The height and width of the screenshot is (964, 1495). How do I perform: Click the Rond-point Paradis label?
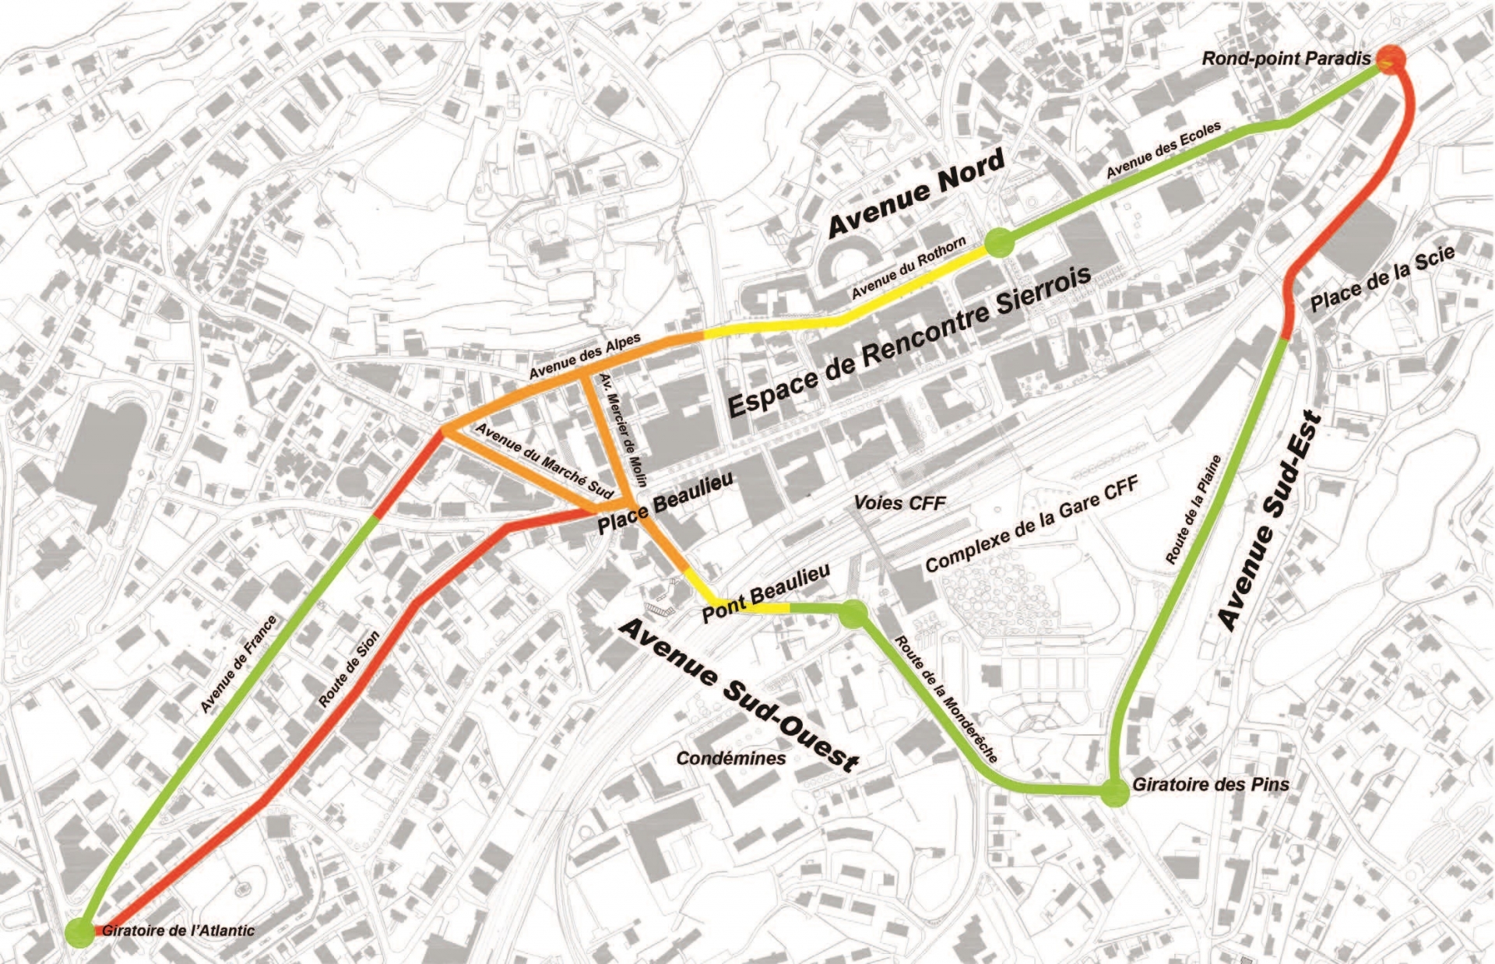1286,58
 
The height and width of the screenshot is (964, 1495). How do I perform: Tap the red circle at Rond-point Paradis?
1391,58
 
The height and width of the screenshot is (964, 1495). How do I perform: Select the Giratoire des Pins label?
1210,784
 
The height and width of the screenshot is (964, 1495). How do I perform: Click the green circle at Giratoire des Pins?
1114,793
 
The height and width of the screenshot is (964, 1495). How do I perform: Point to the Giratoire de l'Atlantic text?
178,930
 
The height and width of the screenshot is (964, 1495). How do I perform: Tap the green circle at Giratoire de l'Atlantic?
79,932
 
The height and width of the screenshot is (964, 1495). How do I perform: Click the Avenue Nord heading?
916,192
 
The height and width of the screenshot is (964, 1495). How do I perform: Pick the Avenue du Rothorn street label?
908,268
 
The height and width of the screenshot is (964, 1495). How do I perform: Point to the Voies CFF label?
900,502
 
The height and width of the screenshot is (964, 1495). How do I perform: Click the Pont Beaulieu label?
765,593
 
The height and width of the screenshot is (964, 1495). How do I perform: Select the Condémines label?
731,758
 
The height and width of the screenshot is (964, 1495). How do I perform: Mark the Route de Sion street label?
350,669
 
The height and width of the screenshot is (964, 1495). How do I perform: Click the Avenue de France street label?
238,663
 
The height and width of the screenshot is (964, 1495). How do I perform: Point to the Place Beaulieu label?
665,504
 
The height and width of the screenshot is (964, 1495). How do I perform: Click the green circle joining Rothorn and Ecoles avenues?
1000,243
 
